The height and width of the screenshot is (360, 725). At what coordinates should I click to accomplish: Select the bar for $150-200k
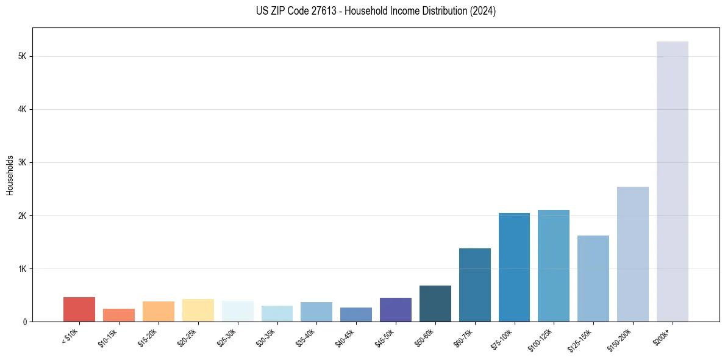coord(632,254)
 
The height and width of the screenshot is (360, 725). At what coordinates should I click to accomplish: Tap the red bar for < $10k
coord(79,309)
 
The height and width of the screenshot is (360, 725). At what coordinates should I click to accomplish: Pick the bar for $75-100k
coord(514,267)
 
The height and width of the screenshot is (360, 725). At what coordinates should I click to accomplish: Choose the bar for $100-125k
coord(554,265)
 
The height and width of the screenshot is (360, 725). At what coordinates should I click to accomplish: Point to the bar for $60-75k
coord(474,285)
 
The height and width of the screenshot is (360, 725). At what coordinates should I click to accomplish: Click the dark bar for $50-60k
coord(435,303)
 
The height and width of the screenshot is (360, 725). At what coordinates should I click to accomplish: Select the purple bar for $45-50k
coord(395,309)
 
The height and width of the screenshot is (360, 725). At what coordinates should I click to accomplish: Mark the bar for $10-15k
coord(119,315)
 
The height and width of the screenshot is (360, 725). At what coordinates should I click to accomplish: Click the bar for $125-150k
coord(593,278)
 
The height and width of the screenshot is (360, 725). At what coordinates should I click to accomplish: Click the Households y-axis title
coord(10,175)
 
